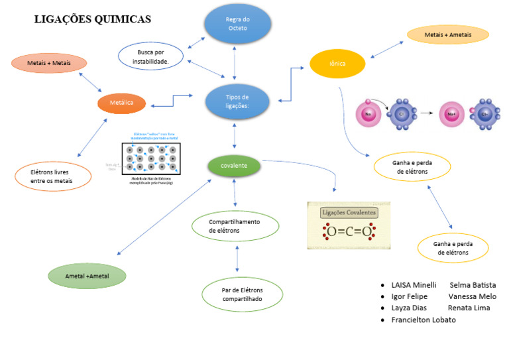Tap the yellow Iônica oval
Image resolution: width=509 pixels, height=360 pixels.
337,64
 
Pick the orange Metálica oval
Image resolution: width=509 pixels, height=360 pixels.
122,103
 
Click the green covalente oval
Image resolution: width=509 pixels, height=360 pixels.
235,165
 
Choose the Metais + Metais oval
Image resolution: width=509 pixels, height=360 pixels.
50,64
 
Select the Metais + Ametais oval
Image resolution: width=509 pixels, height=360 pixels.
447,34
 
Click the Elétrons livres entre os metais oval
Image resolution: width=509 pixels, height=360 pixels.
52,176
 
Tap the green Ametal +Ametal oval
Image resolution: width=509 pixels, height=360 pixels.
87,274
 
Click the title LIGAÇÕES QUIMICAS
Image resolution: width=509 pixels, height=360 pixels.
92,20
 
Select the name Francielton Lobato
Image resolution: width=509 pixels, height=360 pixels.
424,320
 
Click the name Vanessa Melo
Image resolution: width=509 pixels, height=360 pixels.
472,296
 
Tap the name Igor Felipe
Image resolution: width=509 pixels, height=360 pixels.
409,296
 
